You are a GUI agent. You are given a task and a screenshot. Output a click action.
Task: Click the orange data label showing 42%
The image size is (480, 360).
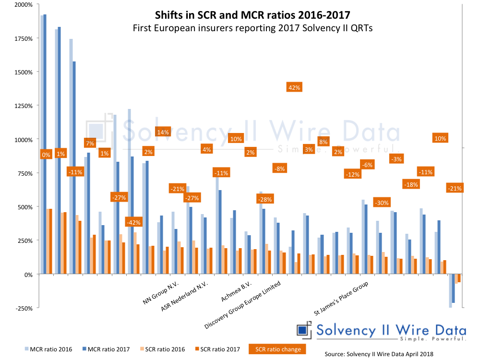tap(294, 87)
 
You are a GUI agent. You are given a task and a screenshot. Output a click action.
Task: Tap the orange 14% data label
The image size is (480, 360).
tap(163, 132)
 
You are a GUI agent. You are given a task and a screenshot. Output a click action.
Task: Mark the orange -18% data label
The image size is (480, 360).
tap(410, 184)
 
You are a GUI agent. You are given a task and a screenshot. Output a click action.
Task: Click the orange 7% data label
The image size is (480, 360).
tap(90, 143)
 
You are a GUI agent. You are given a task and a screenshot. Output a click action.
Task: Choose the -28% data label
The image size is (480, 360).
tap(265, 199)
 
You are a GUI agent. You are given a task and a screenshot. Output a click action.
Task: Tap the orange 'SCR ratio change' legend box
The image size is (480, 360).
tap(277, 349)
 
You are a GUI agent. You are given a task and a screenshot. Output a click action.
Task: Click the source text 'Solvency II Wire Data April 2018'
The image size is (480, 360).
tap(379, 354)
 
